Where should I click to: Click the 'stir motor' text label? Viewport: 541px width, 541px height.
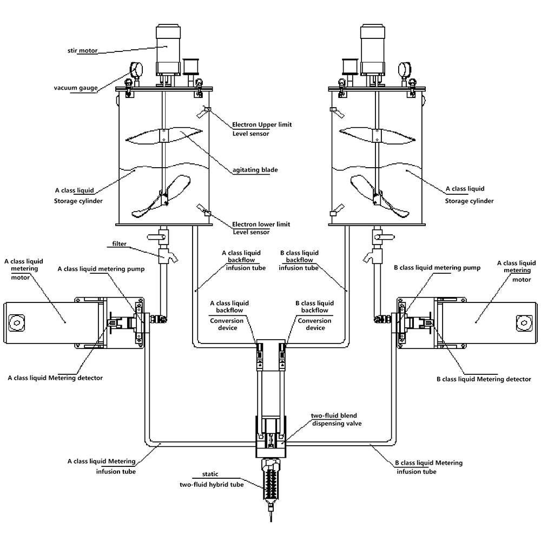pos(82,50)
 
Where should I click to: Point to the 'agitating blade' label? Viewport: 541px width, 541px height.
pos(255,170)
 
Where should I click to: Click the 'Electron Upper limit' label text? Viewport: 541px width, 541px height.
pos(262,124)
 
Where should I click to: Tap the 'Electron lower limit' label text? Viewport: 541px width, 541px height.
pos(261,224)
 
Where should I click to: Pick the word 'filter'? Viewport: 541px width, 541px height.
pos(120,244)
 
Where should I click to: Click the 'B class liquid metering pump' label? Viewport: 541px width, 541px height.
pos(437,268)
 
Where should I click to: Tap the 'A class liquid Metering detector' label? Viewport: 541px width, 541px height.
pos(55,378)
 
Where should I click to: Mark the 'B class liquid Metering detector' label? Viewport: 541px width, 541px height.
pos(484,379)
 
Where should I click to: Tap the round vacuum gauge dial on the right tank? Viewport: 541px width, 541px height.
pos(404,70)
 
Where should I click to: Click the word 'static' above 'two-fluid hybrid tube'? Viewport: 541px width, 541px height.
pos(212,476)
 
